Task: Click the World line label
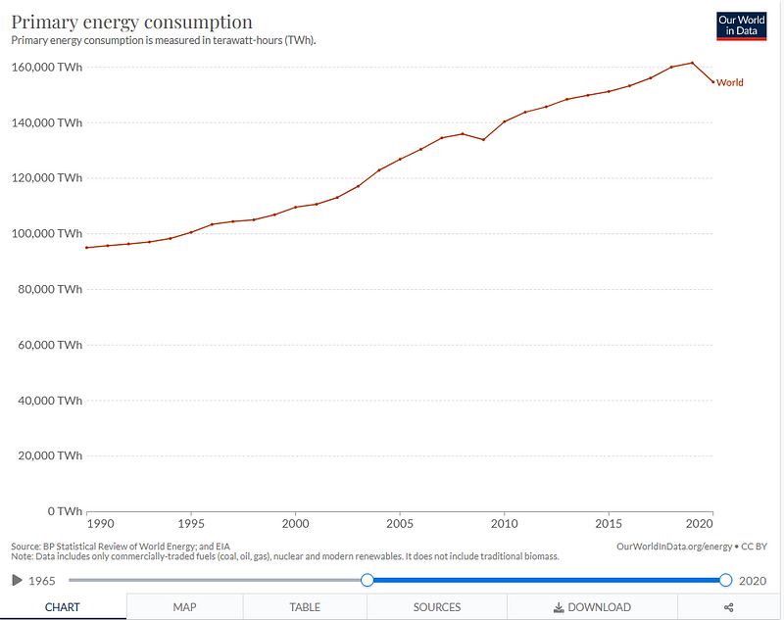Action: pos(730,82)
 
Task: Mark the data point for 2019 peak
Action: pos(692,63)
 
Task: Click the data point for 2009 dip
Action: pos(483,139)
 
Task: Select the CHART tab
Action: pos(63,607)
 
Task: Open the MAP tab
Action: pos(185,607)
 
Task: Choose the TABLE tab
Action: pos(305,607)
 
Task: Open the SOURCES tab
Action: pos(436,607)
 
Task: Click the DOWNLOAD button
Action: pos(592,607)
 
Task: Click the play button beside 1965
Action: pos(17,580)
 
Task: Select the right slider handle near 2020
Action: pos(725,580)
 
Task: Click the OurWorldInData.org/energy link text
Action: pos(675,546)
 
